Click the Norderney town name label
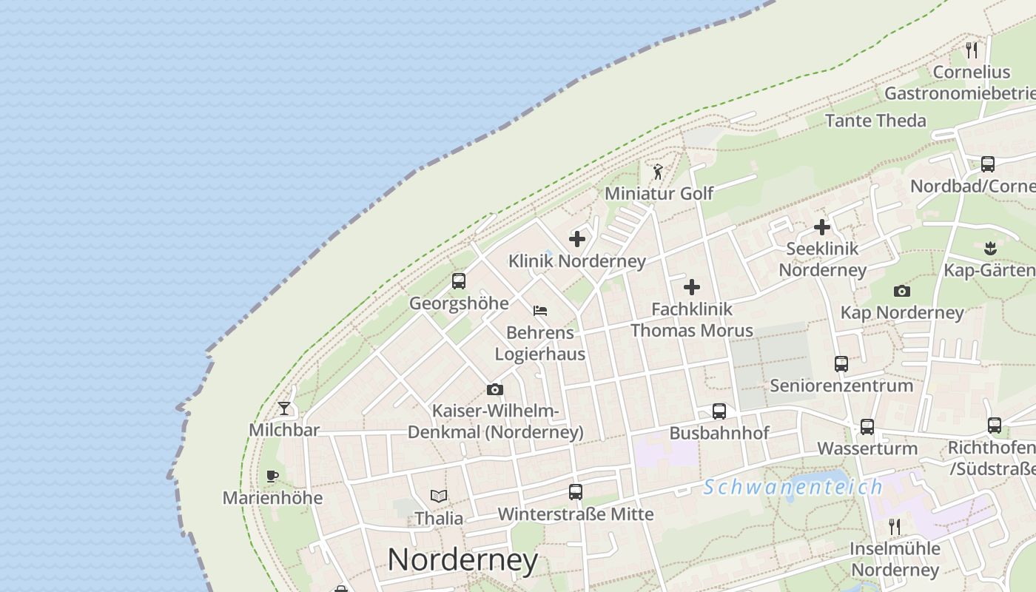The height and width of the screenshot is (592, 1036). coord(462,559)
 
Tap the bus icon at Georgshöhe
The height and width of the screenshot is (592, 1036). coord(459,281)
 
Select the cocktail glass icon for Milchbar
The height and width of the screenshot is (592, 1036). coord(284,408)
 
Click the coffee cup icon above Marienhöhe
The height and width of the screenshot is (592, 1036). coord(272,476)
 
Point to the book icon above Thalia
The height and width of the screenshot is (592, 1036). coord(439,496)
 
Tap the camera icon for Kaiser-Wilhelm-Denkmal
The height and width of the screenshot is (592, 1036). coord(495,389)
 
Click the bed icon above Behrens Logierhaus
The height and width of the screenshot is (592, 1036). coord(540,311)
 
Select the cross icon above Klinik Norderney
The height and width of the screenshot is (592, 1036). coord(577,239)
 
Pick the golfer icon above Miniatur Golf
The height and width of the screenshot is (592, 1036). coord(658,172)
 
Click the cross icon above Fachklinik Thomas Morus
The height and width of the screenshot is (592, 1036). coord(692,286)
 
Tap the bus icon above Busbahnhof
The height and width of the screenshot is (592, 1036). coord(719,411)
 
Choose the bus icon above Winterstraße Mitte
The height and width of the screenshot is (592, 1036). coord(576,492)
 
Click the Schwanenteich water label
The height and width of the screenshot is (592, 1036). coord(793,487)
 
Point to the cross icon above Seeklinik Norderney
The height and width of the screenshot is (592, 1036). coord(821,227)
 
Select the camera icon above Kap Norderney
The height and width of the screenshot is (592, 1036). coord(901,291)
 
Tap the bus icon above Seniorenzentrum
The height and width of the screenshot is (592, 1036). coord(841,364)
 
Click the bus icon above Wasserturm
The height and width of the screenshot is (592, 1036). coord(867,427)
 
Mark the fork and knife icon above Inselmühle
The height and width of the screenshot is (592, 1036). coord(895,527)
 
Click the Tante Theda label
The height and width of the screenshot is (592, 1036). coord(875,121)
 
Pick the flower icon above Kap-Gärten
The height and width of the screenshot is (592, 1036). coord(991,248)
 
